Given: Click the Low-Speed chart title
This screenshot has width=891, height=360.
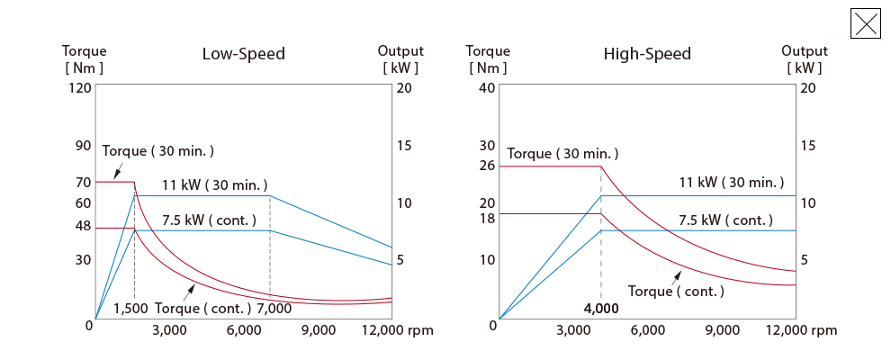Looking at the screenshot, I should click(243, 54).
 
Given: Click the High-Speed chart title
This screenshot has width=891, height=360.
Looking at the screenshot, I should click(647, 54).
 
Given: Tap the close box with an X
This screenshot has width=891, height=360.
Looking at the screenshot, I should click(865, 23).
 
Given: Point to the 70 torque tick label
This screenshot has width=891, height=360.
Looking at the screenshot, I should click(83, 183).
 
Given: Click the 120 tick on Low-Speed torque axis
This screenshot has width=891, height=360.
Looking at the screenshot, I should click(80, 88).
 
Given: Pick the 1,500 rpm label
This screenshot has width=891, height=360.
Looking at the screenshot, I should click(130, 309).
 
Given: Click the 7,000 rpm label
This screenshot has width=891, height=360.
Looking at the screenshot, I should click(274, 309).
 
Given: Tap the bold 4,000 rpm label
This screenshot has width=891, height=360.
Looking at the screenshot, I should click(601, 309).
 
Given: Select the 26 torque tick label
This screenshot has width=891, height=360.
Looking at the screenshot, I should click(487, 166).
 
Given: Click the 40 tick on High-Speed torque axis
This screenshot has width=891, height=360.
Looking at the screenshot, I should click(487, 88).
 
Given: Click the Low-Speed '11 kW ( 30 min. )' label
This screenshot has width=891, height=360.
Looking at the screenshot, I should click(215, 185).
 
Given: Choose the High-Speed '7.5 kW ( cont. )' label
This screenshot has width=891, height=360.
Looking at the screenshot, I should click(725, 220).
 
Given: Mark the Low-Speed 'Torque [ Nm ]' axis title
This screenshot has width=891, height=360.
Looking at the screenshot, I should click(84, 59).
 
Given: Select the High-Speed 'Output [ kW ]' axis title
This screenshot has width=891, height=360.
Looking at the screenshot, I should click(804, 59).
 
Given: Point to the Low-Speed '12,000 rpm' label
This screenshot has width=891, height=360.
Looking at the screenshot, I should click(397, 330).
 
